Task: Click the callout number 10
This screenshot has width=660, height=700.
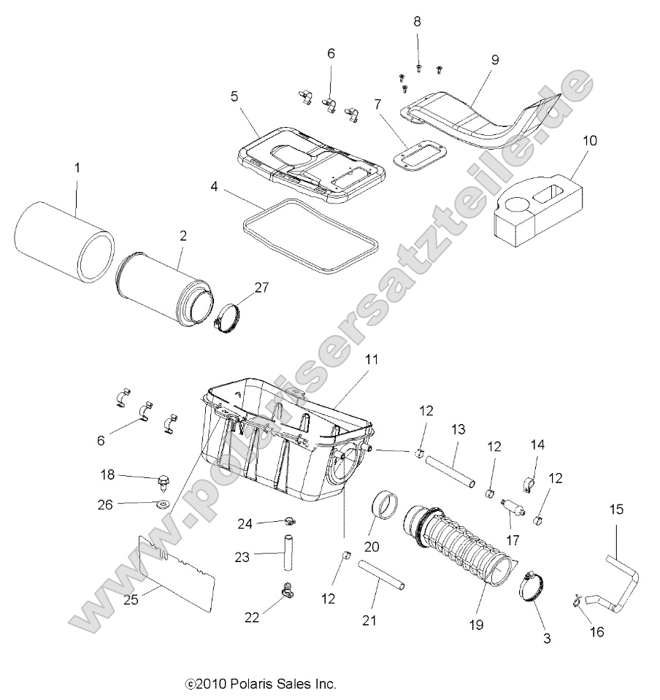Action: [590, 139]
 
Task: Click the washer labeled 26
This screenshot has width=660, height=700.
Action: [161, 504]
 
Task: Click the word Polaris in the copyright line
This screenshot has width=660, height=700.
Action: [250, 684]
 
